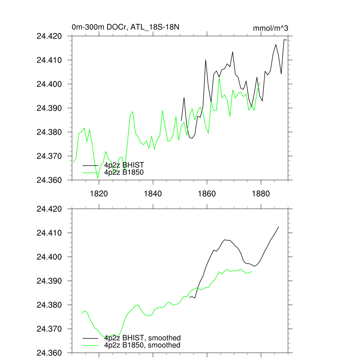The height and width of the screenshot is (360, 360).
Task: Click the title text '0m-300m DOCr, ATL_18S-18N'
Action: [126, 27]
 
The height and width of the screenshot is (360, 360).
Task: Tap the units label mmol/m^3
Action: [270, 28]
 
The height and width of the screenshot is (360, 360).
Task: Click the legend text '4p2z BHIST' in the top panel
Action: [124, 165]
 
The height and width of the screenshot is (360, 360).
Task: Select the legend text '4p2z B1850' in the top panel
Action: [124, 172]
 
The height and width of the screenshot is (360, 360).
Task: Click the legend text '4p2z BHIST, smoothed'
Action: [142, 338]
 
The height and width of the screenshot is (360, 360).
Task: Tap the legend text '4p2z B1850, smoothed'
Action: [142, 345]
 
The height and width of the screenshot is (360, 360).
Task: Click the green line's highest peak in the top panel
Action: [219, 78]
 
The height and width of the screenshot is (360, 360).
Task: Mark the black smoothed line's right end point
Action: [278, 227]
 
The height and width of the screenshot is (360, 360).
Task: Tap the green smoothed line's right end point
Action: [252, 271]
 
